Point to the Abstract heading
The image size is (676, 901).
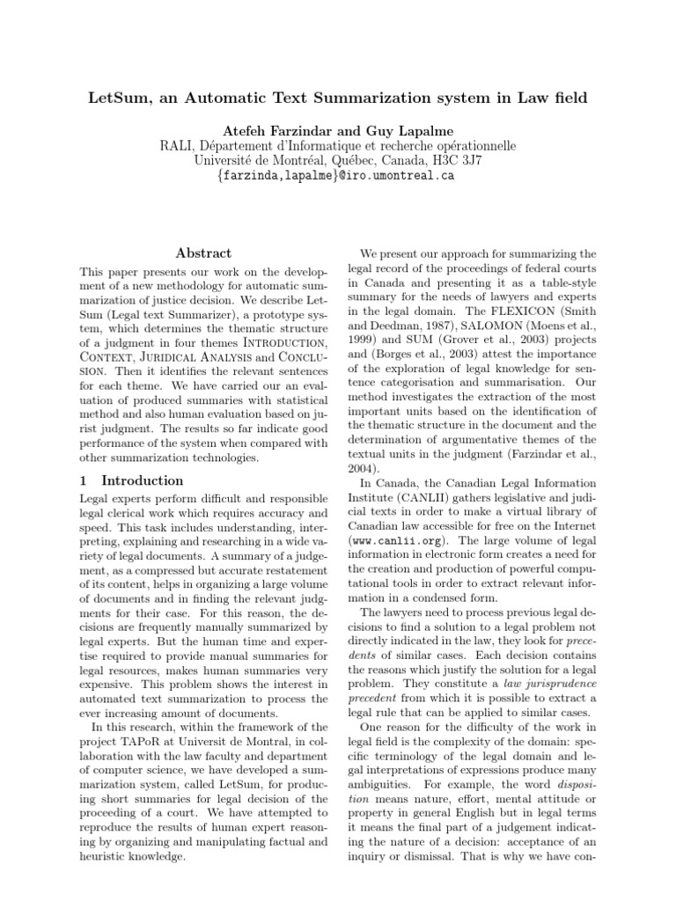(203, 253)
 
